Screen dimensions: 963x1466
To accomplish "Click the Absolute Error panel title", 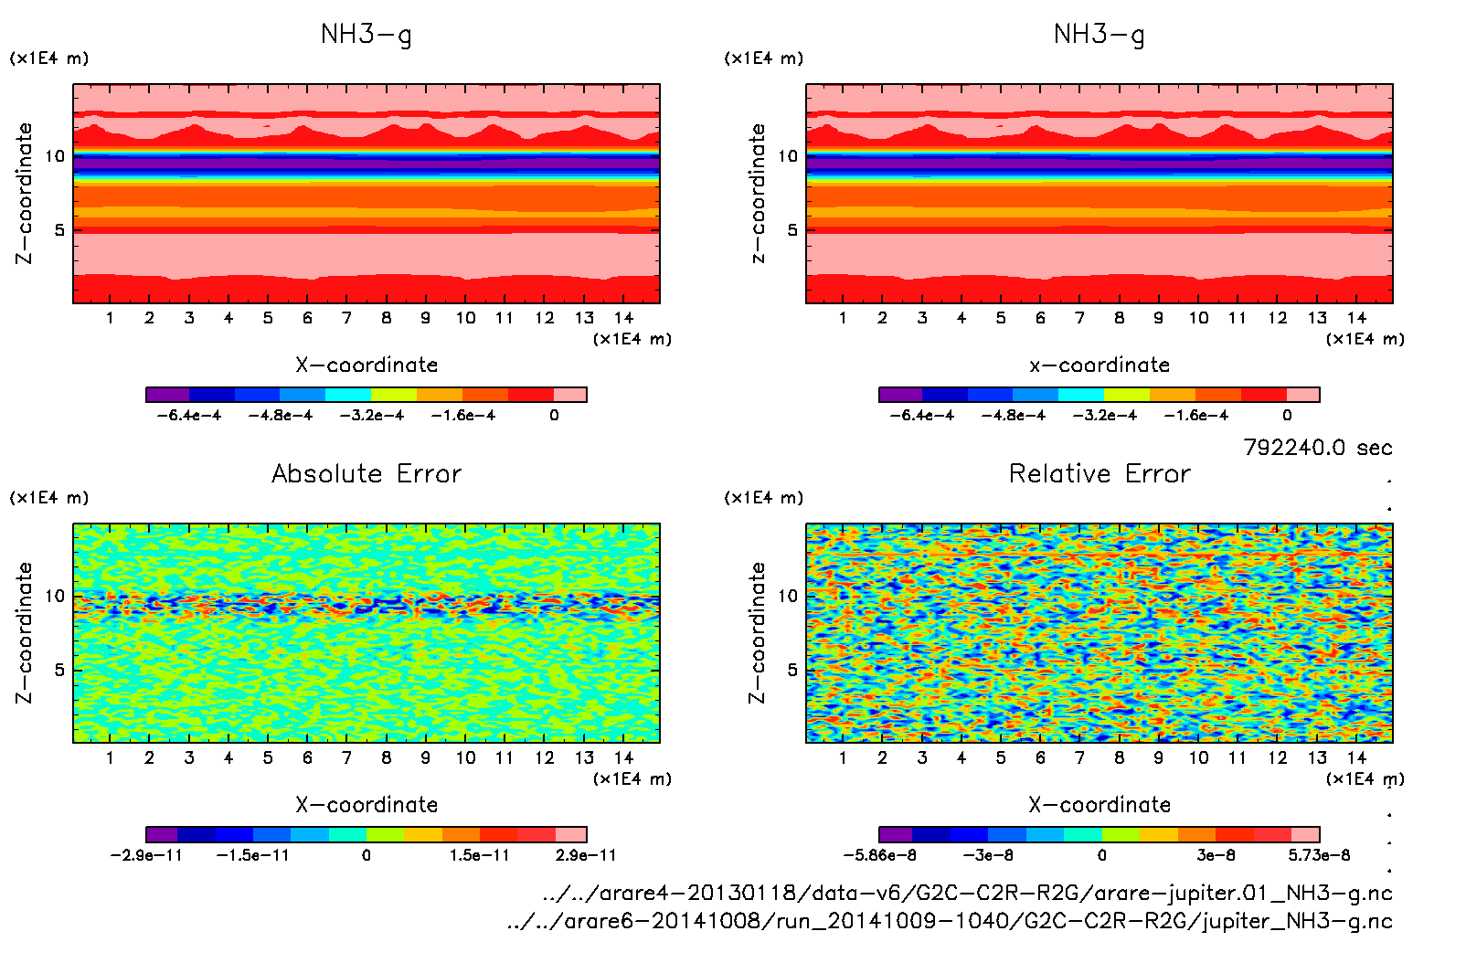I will [x=366, y=473].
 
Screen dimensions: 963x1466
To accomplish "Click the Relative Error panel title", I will [x=1099, y=473].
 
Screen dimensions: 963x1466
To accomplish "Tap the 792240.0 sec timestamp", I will [x=1317, y=448].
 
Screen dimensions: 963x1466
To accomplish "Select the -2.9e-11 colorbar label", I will [x=146, y=855].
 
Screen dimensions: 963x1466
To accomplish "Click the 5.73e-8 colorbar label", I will [x=1319, y=855].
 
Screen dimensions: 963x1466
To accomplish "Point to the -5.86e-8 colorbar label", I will [x=879, y=855].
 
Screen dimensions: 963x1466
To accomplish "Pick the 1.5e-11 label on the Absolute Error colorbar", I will [x=479, y=855].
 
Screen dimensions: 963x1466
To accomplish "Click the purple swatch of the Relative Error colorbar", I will [x=896, y=834].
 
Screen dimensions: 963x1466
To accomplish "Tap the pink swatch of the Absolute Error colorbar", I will [x=570, y=834].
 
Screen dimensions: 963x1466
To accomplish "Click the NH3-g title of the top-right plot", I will [x=1099, y=35].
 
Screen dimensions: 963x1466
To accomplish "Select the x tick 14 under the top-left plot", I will [x=623, y=318].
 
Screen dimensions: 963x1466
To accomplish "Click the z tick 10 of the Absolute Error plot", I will [x=56, y=596].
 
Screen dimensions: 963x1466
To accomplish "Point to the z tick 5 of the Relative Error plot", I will [x=791, y=670].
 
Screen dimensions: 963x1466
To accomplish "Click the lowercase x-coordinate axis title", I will [x=1099, y=365].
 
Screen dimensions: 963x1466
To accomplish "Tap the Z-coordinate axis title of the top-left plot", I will [x=24, y=193].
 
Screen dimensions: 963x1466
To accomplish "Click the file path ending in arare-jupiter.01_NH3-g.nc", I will [x=967, y=893].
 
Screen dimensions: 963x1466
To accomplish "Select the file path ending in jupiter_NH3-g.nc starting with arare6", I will [x=950, y=921].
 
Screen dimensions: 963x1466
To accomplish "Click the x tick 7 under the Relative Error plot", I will [x=1079, y=757].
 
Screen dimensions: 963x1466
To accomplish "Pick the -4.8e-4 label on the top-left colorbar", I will [x=280, y=416].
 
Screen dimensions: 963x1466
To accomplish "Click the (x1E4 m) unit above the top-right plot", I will [x=764, y=58].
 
